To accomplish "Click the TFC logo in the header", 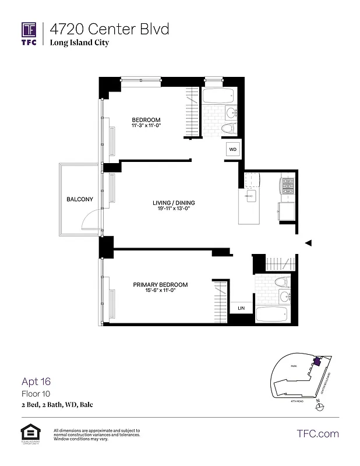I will click(29, 33).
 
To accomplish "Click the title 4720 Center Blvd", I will click(109, 29).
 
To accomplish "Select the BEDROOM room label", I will click(146, 120).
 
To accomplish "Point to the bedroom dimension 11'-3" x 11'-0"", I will click(146, 126).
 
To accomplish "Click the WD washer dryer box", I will click(233, 150).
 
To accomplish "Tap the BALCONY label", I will click(80, 199).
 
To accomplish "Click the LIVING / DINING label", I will click(174, 203).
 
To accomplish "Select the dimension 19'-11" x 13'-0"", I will click(174, 209).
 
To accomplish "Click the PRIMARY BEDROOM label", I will click(160, 284).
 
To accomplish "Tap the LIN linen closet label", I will click(241, 308).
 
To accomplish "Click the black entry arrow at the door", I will click(309, 243).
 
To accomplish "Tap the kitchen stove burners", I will click(287, 186).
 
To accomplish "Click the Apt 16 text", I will click(36, 382).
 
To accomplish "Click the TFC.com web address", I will click(317, 433).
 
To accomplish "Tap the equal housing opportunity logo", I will click(29, 433).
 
